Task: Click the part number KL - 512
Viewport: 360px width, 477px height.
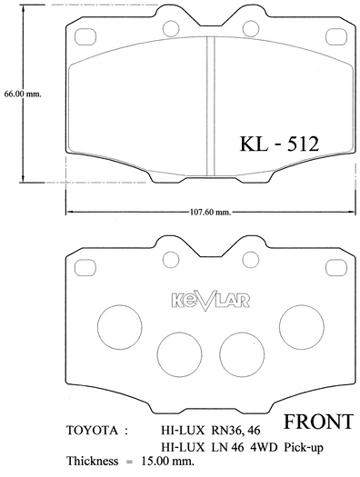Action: coord(279,144)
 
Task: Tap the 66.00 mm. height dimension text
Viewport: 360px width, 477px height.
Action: coord(23,94)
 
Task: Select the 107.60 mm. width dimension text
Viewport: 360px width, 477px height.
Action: coord(211,212)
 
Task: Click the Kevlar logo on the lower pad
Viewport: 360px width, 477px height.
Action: coord(211,300)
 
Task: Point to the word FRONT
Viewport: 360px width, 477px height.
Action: coord(318,422)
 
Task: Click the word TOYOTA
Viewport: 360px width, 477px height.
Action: coord(92,431)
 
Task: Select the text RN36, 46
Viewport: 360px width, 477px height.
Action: coord(235,431)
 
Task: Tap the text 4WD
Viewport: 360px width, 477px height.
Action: coord(264,447)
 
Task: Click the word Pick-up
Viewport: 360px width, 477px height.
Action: coord(304,448)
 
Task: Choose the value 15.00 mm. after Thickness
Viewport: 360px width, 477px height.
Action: coord(167,462)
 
